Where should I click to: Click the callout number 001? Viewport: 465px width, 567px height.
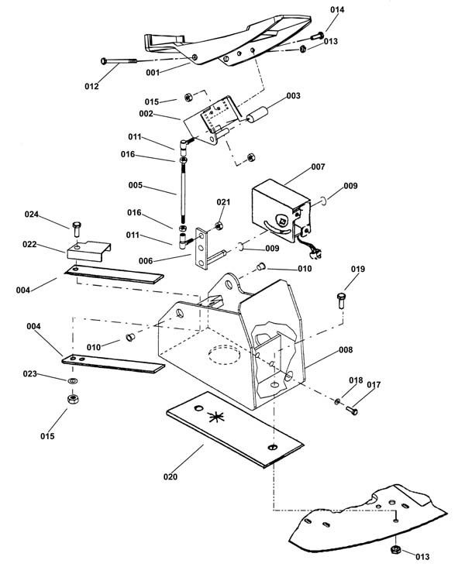click(153, 73)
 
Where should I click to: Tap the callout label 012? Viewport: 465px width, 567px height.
click(91, 87)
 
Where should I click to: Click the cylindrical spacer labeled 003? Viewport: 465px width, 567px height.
click(257, 115)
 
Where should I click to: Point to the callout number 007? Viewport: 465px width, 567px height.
click(318, 167)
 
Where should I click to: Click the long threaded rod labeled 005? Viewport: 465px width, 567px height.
click(183, 194)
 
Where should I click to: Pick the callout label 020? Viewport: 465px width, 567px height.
click(170, 477)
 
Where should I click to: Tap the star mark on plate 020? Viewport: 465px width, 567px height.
click(216, 418)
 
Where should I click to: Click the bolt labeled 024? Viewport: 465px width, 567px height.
click(77, 229)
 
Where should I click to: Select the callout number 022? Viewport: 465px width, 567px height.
click(29, 245)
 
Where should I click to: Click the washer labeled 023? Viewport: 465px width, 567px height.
click(73, 380)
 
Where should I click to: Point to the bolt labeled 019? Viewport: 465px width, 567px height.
click(341, 301)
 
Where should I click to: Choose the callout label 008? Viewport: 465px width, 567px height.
click(346, 350)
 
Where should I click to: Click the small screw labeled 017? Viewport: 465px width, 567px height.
click(352, 410)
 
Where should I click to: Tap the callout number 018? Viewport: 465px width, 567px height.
click(356, 380)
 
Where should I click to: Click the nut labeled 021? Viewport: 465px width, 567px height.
click(219, 226)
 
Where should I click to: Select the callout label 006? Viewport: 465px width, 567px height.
click(146, 261)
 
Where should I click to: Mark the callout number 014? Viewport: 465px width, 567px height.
click(337, 10)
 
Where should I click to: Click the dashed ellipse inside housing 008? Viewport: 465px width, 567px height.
click(224, 355)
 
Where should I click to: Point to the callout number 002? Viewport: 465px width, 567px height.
click(146, 114)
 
